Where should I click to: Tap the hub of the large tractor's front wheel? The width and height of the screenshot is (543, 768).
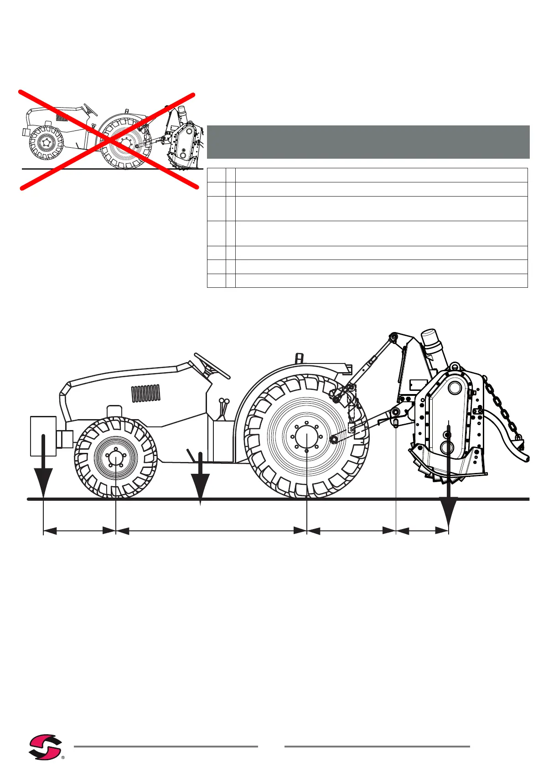[x=116, y=457]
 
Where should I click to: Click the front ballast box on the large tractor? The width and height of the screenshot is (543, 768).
[x=43, y=436]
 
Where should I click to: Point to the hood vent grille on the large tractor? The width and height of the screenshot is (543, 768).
[x=146, y=393]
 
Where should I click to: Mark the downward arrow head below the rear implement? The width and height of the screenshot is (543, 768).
[x=449, y=511]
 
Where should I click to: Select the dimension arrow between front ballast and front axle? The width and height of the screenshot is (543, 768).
[x=79, y=530]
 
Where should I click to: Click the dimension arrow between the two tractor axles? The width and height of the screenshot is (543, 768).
[x=212, y=530]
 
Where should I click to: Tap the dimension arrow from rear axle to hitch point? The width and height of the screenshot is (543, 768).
[x=351, y=530]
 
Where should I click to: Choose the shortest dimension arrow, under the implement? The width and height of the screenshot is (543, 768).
[x=423, y=530]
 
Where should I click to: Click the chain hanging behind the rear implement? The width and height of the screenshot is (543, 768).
[x=502, y=406]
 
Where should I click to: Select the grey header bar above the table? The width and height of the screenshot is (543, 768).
[x=368, y=142]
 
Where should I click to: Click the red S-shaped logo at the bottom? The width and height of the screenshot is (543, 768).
[x=45, y=746]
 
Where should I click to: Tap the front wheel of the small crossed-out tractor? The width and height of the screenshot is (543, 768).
[x=46, y=143]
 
